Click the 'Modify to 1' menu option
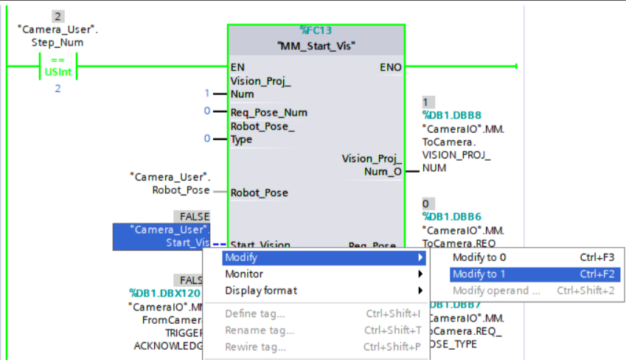pos(479,274)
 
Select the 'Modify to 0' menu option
pos(479,257)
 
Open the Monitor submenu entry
pos(244,274)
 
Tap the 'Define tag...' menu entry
pos(255,314)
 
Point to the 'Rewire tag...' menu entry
pos(255,347)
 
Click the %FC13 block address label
pos(316,30)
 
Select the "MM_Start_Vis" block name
pos(316,46)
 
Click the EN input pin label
pos(237,67)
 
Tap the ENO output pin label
pos(391,67)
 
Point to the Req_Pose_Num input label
pos(269,112)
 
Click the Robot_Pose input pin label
pos(260,193)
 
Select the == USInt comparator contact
pos(58,66)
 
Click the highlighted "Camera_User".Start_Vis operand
pos(161,236)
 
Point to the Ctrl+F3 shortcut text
pos(597,257)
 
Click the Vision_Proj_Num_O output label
pos(372,165)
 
